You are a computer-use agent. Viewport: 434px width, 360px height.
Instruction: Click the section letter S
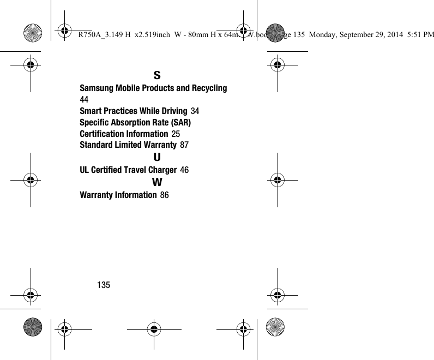[157, 75]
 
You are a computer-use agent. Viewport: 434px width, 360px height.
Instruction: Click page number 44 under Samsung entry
[85, 100]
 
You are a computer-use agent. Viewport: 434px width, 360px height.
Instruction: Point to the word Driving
[171, 111]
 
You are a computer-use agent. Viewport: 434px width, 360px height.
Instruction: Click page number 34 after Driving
[195, 111]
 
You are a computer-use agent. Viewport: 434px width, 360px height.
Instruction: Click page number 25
[176, 134]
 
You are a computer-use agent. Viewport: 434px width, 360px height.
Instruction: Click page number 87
[184, 145]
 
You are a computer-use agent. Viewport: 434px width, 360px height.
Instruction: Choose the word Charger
[161, 170]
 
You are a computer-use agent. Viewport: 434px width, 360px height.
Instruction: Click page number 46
[185, 170]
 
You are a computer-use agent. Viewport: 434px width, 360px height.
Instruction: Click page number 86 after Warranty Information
[165, 195]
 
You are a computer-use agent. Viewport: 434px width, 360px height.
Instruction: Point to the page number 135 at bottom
[104, 285]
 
